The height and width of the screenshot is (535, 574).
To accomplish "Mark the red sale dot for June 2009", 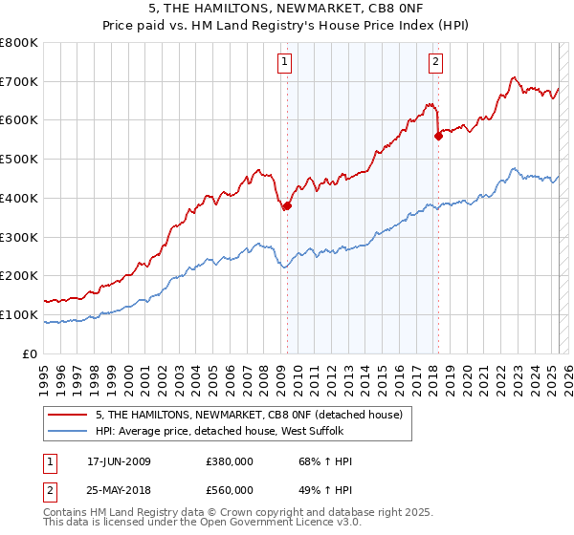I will pyautogui.click(x=287, y=205).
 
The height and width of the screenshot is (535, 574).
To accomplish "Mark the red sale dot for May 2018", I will pyautogui.click(x=438, y=136).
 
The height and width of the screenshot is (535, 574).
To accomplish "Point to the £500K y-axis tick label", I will pyautogui.click(x=19, y=159).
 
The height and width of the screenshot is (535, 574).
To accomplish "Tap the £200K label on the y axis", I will pyautogui.click(x=19, y=275).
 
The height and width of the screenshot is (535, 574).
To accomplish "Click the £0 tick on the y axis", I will pyautogui.click(x=31, y=353).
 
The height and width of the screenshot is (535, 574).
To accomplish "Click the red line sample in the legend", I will pyautogui.click(x=67, y=415).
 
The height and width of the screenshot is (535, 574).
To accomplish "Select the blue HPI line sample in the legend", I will pyautogui.click(x=67, y=431).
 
